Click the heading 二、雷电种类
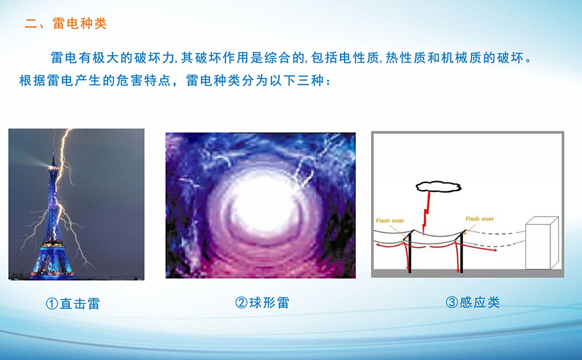(x=66, y=23)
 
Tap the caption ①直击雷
(x=73, y=304)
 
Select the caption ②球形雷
(x=262, y=302)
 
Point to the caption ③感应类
(x=473, y=302)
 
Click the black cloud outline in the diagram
(x=438, y=187)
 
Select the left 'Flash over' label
(x=390, y=220)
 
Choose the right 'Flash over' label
(x=480, y=219)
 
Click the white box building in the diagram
(x=542, y=243)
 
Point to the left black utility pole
(x=410, y=251)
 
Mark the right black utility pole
(x=462, y=251)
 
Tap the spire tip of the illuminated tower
(x=54, y=153)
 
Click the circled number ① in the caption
(x=52, y=304)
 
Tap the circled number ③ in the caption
(x=452, y=302)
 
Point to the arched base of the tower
(x=52, y=265)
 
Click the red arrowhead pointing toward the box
(x=495, y=250)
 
